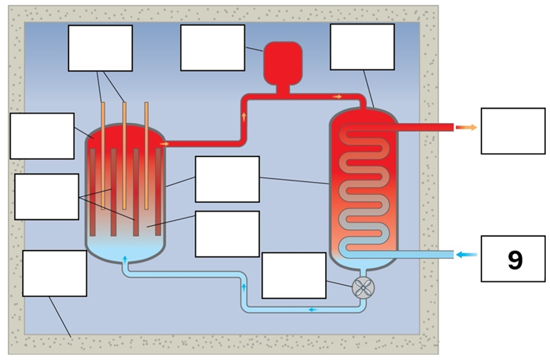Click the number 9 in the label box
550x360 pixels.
514,259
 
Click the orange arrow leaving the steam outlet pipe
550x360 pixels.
467,127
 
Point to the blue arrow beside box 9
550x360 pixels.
467,255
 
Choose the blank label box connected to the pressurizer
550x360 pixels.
212,47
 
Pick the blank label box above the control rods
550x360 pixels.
100,47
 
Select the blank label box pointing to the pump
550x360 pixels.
294,275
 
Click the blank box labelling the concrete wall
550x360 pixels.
54,273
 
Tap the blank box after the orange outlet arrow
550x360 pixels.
513,131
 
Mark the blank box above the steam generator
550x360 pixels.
362,47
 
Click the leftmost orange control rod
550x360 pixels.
102,155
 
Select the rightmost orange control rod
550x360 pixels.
146,155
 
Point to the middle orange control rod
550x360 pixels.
124,155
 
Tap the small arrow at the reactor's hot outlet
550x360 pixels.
164,144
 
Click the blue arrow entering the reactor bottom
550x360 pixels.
124,259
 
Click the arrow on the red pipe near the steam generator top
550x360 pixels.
337,96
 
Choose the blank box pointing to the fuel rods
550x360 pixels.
47,196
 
